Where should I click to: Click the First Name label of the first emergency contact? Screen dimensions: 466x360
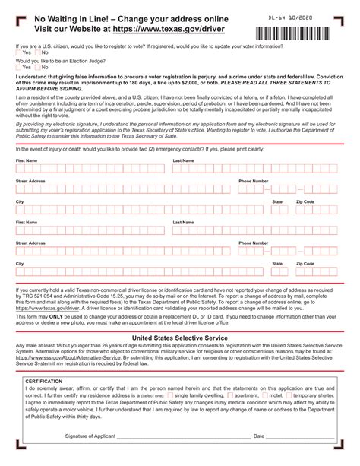[x=27, y=161]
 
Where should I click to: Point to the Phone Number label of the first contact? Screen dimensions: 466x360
[x=253, y=182]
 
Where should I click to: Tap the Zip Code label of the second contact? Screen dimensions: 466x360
[x=305, y=264]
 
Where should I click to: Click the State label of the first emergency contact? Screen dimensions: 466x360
[x=277, y=202]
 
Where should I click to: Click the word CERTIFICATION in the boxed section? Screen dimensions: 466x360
[x=43, y=381]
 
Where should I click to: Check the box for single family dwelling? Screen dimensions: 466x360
[x=169, y=396]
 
